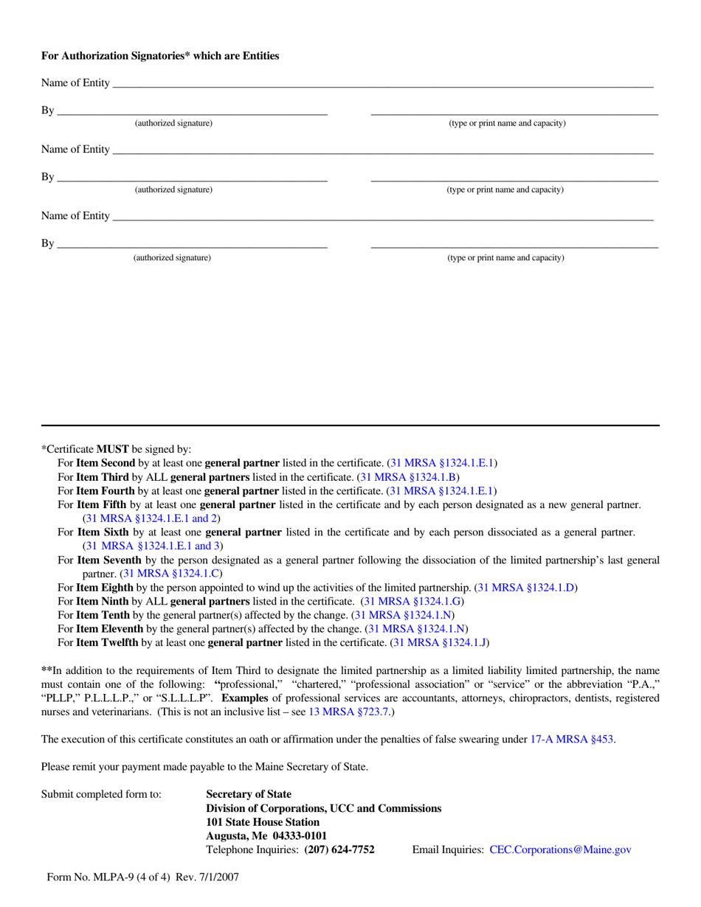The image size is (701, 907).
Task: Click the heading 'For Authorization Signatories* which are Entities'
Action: tap(160, 55)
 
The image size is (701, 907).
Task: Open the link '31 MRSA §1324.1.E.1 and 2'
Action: tap(151, 518)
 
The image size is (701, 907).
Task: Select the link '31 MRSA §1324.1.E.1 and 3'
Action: tap(151, 546)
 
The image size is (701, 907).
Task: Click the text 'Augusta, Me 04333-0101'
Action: tap(266, 835)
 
